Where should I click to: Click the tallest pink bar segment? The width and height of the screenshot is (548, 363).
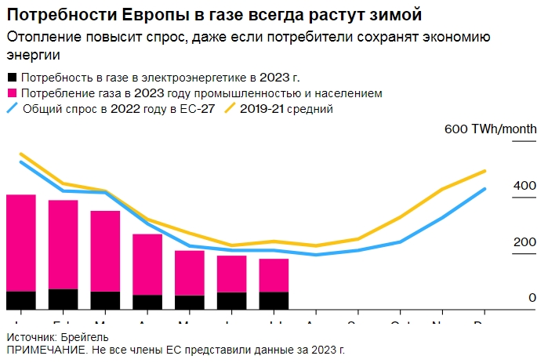tap(21, 242)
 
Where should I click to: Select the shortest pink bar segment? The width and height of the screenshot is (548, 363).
tap(274, 275)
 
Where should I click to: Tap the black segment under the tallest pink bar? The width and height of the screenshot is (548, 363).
tap(21, 300)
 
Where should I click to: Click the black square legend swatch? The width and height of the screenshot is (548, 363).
tap(11, 78)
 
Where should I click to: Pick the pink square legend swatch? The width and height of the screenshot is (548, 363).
tap(11, 93)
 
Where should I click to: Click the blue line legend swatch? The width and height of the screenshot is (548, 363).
tap(12, 109)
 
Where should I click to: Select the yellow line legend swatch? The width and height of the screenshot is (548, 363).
tap(231, 109)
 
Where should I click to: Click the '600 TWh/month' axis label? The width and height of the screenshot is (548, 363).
tap(490, 129)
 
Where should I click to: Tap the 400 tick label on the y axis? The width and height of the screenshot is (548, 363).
tap(525, 186)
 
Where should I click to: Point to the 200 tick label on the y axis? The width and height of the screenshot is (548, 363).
tap(525, 241)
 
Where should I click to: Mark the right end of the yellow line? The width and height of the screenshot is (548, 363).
tap(485, 171)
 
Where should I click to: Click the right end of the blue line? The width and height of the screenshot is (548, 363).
tap(485, 189)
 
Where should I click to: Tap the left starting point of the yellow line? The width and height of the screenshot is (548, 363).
tap(21, 154)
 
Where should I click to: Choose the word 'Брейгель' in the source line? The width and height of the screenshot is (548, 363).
tap(85, 336)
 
